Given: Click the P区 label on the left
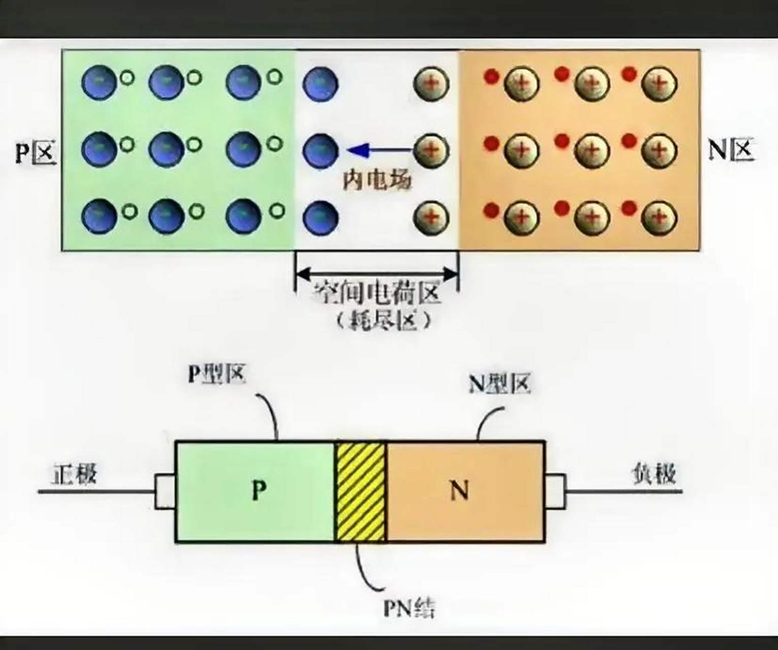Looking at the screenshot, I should [35, 151].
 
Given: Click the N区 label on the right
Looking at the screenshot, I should [730, 150].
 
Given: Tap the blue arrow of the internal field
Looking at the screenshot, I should [378, 150].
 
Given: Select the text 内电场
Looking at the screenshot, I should [376, 179].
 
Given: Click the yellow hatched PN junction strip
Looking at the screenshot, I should [360, 492].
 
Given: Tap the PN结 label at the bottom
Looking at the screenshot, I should [409, 607].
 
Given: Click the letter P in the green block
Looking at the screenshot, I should [259, 490].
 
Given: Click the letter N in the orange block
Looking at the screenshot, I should [460, 491].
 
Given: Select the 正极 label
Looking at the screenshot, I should [74, 474].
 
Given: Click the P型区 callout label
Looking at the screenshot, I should [217, 374].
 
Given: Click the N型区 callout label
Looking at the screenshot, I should [499, 384].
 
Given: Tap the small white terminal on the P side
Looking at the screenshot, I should [165, 492].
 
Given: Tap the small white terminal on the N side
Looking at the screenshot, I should [555, 492].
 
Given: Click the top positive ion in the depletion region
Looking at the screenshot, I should [431, 83].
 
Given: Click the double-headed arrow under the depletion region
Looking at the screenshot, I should [376, 274].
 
